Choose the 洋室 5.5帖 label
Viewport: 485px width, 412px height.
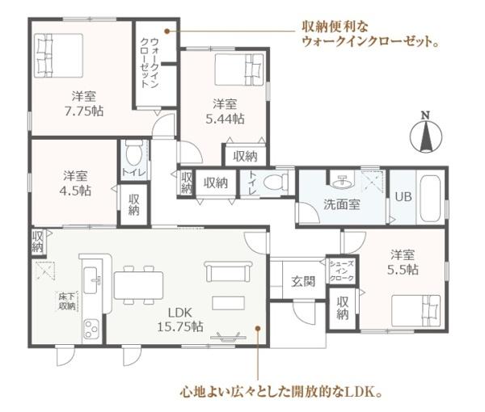click(403, 259)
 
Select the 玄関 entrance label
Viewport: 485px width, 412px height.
click(302, 282)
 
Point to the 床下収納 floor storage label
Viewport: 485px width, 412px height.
click(66, 301)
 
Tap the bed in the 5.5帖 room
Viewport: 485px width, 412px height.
click(415, 311)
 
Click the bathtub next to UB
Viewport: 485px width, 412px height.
click(430, 197)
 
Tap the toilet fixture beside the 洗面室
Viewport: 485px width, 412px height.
click(277, 181)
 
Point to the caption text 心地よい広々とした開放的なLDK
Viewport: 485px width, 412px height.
click(280, 394)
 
